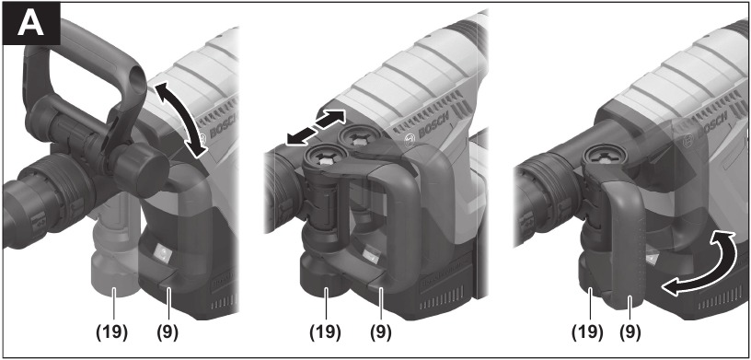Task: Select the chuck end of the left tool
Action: [23, 193]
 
